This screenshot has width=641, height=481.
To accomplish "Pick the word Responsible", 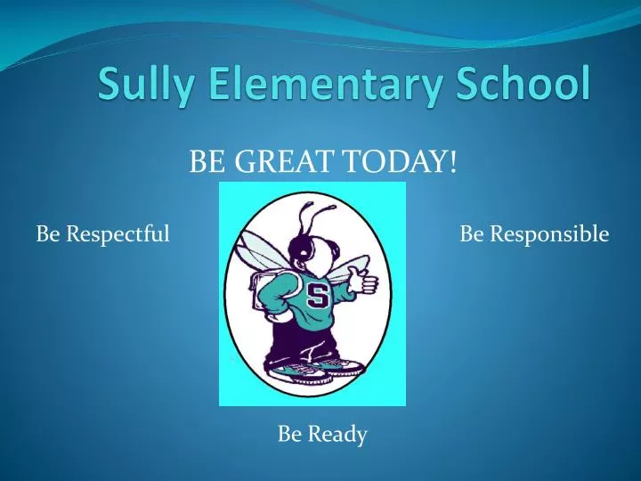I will coord(548,234).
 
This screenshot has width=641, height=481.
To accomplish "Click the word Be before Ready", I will coord(290,434).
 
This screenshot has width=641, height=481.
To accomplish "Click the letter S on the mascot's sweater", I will coord(317,295).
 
